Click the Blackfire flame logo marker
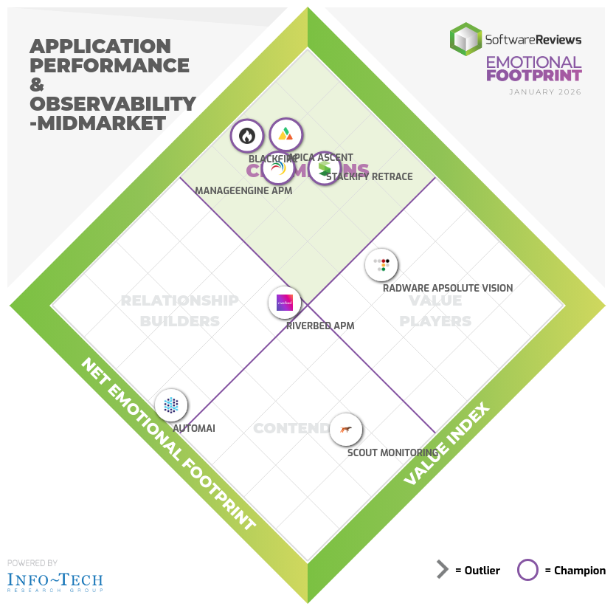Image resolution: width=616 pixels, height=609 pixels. (x=247, y=136)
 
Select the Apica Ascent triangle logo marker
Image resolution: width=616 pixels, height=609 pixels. (x=285, y=135)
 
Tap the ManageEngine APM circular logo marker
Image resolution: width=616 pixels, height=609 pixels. (x=278, y=169)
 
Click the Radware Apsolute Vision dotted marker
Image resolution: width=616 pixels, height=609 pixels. (x=381, y=265)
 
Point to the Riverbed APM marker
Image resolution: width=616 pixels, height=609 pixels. (x=285, y=303)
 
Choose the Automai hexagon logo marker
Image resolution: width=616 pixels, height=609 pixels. (x=171, y=405)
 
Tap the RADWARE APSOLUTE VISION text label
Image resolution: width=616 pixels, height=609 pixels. (x=448, y=289)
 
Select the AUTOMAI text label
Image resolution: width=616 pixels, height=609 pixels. (x=194, y=428)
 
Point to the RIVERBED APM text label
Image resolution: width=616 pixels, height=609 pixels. (x=321, y=326)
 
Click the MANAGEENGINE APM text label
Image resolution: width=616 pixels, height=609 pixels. (x=243, y=191)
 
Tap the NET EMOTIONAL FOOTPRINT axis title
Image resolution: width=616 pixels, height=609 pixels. (x=167, y=445)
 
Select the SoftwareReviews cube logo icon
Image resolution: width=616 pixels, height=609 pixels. (x=466, y=38)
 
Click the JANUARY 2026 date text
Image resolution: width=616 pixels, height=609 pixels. (x=545, y=92)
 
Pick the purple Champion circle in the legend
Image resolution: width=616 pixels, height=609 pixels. (x=528, y=570)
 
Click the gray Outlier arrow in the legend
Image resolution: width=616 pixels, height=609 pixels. (x=443, y=570)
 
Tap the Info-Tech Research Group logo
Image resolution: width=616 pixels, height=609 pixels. (x=55, y=581)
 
